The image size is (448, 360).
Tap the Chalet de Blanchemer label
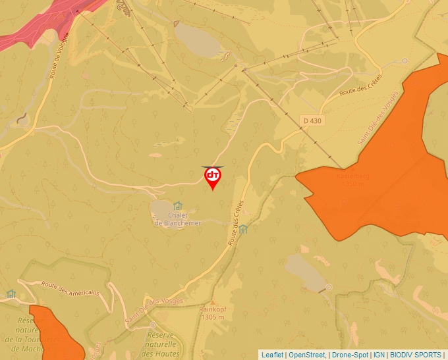[178, 219]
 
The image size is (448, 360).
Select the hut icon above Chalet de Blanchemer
[177, 206]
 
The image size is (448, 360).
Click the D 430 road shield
[314, 120]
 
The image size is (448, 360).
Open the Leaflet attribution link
[272, 355]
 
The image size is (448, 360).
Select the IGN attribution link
[379, 355]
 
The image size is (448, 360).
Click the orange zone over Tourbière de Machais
[56, 332]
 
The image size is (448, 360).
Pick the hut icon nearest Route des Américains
[11, 294]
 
